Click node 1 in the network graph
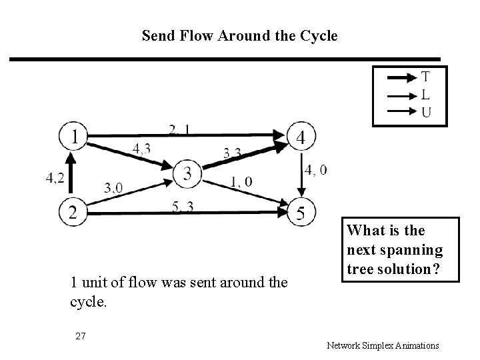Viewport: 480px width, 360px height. [x=74, y=137]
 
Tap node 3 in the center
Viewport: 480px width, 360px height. [x=188, y=174]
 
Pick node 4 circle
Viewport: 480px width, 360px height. [x=301, y=137]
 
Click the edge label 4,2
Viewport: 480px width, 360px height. [x=55, y=177]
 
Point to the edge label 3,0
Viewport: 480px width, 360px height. [x=113, y=187]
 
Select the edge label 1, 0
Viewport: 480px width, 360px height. [x=241, y=181]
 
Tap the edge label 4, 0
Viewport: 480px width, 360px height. [x=316, y=170]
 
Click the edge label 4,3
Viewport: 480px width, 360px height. [x=141, y=149]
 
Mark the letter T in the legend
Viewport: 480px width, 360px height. [x=425, y=78]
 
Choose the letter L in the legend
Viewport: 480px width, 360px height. [x=425, y=95]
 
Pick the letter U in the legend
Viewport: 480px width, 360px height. [x=425, y=111]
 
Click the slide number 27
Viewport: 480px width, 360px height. [x=81, y=336]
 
